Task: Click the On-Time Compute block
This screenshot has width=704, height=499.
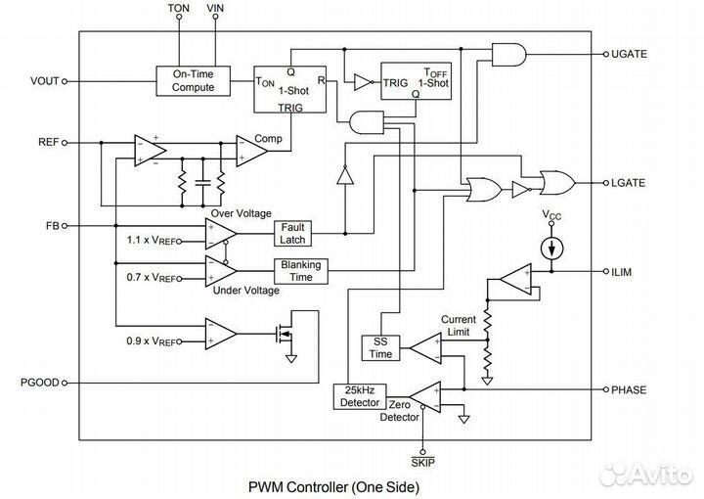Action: tap(193, 81)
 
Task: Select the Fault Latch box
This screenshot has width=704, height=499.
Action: tap(292, 234)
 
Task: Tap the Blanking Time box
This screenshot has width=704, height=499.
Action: tap(301, 271)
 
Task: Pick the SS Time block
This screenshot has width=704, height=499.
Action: tap(380, 347)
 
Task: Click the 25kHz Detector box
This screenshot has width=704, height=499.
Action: tap(360, 396)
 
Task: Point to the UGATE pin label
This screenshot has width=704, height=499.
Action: tap(629, 54)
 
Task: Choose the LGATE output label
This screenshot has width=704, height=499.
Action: tap(628, 183)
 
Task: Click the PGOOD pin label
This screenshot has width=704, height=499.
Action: tap(40, 383)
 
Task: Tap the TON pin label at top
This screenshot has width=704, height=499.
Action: tap(179, 8)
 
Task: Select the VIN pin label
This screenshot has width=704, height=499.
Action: tap(215, 8)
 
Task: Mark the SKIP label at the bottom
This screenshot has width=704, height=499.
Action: tap(423, 462)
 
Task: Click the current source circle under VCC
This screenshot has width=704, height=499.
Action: tap(551, 249)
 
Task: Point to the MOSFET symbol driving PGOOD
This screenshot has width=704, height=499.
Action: tap(284, 334)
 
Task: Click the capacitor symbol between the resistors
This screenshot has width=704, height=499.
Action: tap(203, 182)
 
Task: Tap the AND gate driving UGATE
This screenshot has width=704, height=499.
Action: tap(509, 55)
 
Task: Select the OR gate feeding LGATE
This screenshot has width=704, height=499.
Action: tap(557, 182)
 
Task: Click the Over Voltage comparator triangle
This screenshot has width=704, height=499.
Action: tap(221, 234)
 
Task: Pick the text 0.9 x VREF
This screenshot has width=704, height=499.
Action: tap(152, 341)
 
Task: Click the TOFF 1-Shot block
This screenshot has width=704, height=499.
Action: tap(417, 81)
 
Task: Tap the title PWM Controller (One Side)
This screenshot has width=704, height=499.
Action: tap(334, 487)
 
